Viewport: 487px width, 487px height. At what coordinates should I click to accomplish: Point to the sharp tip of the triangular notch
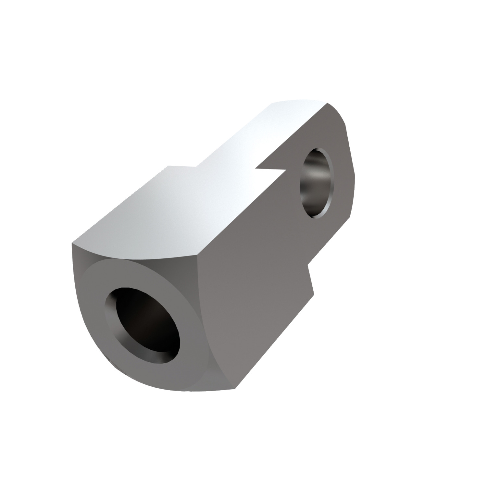tap(256, 169)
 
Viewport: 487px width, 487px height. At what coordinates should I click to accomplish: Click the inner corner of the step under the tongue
tap(307, 265)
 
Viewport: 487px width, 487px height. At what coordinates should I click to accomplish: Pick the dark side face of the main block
tap(247, 292)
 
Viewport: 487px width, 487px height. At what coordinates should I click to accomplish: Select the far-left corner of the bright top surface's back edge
tap(168, 166)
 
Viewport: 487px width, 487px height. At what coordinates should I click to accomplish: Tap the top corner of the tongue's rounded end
tap(327, 103)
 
